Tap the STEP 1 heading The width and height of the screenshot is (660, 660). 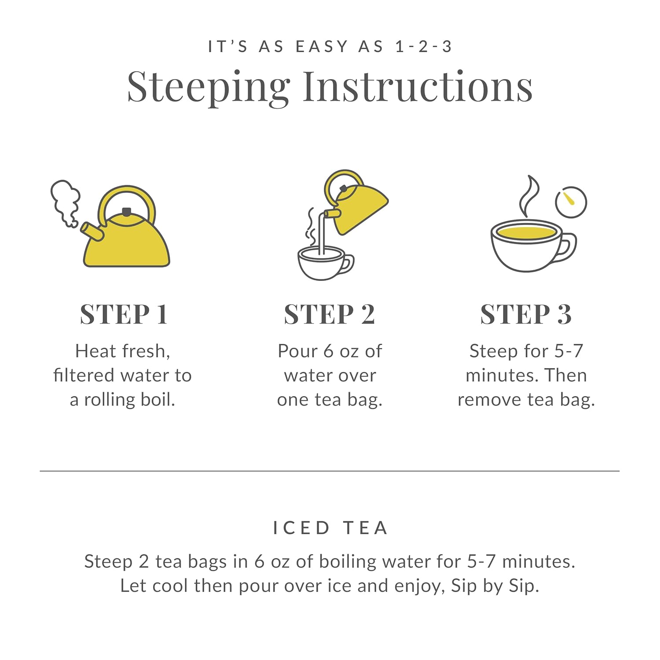click(x=124, y=315)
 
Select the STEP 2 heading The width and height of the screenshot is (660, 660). click(x=329, y=315)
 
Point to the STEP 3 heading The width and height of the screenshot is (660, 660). click(x=526, y=315)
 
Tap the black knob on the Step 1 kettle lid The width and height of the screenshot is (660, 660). click(x=126, y=212)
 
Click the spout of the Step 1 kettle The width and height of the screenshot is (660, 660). click(x=92, y=231)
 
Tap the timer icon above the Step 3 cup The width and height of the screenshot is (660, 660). click(x=571, y=202)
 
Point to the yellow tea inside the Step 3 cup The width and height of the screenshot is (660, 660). click(x=526, y=233)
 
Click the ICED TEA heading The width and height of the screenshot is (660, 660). click(x=330, y=528)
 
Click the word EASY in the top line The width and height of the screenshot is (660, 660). click(x=322, y=47)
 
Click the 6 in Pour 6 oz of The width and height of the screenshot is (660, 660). click(x=328, y=351)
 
